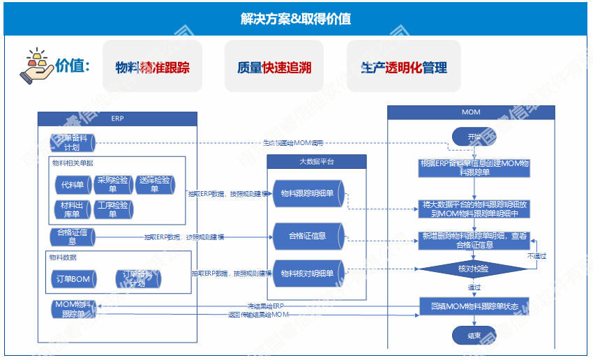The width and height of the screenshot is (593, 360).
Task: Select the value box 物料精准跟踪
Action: (x=152, y=67)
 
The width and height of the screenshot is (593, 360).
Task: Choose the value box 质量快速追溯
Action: (x=273, y=67)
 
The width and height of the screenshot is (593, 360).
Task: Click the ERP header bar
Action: (x=117, y=119)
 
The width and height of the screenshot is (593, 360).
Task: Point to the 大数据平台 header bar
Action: (x=316, y=161)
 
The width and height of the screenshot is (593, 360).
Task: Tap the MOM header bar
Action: (x=471, y=112)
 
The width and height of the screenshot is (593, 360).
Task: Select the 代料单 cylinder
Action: (x=73, y=185)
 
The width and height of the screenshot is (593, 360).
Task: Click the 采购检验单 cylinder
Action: (x=113, y=185)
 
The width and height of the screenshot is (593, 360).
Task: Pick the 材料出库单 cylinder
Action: (x=73, y=209)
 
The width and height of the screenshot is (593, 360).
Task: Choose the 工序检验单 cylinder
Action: (x=113, y=209)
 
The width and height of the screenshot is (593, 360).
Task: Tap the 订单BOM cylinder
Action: (x=73, y=279)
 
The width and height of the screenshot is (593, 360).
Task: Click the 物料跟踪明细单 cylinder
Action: (x=307, y=193)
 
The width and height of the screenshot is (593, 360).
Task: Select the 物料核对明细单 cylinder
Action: (x=307, y=273)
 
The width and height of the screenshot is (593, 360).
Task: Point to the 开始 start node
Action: (x=474, y=136)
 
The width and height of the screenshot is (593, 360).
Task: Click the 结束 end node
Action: (x=474, y=335)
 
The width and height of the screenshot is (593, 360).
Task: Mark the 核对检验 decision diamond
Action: (x=474, y=269)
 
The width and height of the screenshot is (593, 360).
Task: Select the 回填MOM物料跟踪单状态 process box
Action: (x=474, y=306)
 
